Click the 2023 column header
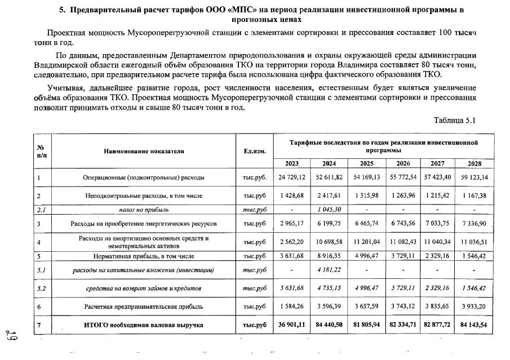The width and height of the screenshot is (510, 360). point(292,163)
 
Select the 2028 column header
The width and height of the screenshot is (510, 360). point(474,163)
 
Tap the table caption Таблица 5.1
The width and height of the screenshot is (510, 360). point(455,121)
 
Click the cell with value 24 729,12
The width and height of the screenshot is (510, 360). point(292,177)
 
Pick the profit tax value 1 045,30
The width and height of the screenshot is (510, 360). point(329,210)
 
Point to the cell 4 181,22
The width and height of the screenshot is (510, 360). point(329,270)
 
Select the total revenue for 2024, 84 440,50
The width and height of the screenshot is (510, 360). point(329,325)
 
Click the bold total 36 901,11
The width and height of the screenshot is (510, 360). point(292,325)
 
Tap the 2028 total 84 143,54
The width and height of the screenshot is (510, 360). point(474,325)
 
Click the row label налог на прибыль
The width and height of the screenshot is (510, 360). point(144,210)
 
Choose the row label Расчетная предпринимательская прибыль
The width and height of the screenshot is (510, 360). point(144,306)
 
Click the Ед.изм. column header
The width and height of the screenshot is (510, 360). point(255,151)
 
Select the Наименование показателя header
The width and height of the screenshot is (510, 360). point(144,151)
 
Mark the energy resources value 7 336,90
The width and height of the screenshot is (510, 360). point(474,224)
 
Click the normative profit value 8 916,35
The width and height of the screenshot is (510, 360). point(329,256)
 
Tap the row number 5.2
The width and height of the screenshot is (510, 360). point(42,288)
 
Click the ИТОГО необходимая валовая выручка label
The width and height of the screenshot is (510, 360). point(144,325)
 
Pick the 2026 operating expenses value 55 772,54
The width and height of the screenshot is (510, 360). point(402,177)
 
